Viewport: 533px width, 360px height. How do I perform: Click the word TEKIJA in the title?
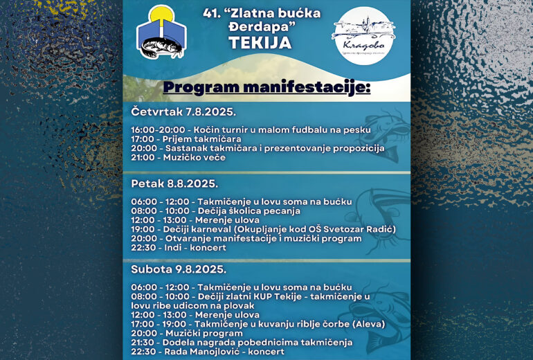pos(260,43)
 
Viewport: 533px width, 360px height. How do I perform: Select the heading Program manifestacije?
pos(266,88)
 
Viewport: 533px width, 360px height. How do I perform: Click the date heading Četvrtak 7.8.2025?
pos(183,111)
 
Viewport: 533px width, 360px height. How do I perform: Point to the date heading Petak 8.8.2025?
pos(174,183)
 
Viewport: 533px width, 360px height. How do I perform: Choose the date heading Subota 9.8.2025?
pos(179,269)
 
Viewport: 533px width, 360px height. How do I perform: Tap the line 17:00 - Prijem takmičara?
pos(181,138)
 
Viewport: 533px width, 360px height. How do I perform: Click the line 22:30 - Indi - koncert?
pos(183,247)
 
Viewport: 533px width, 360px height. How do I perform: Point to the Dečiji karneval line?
pos(264,229)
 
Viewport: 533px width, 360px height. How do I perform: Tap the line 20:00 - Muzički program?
pos(187,333)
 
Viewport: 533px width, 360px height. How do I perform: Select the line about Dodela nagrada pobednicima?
pos(242,342)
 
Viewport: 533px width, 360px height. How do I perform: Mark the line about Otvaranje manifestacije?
pos(246,238)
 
